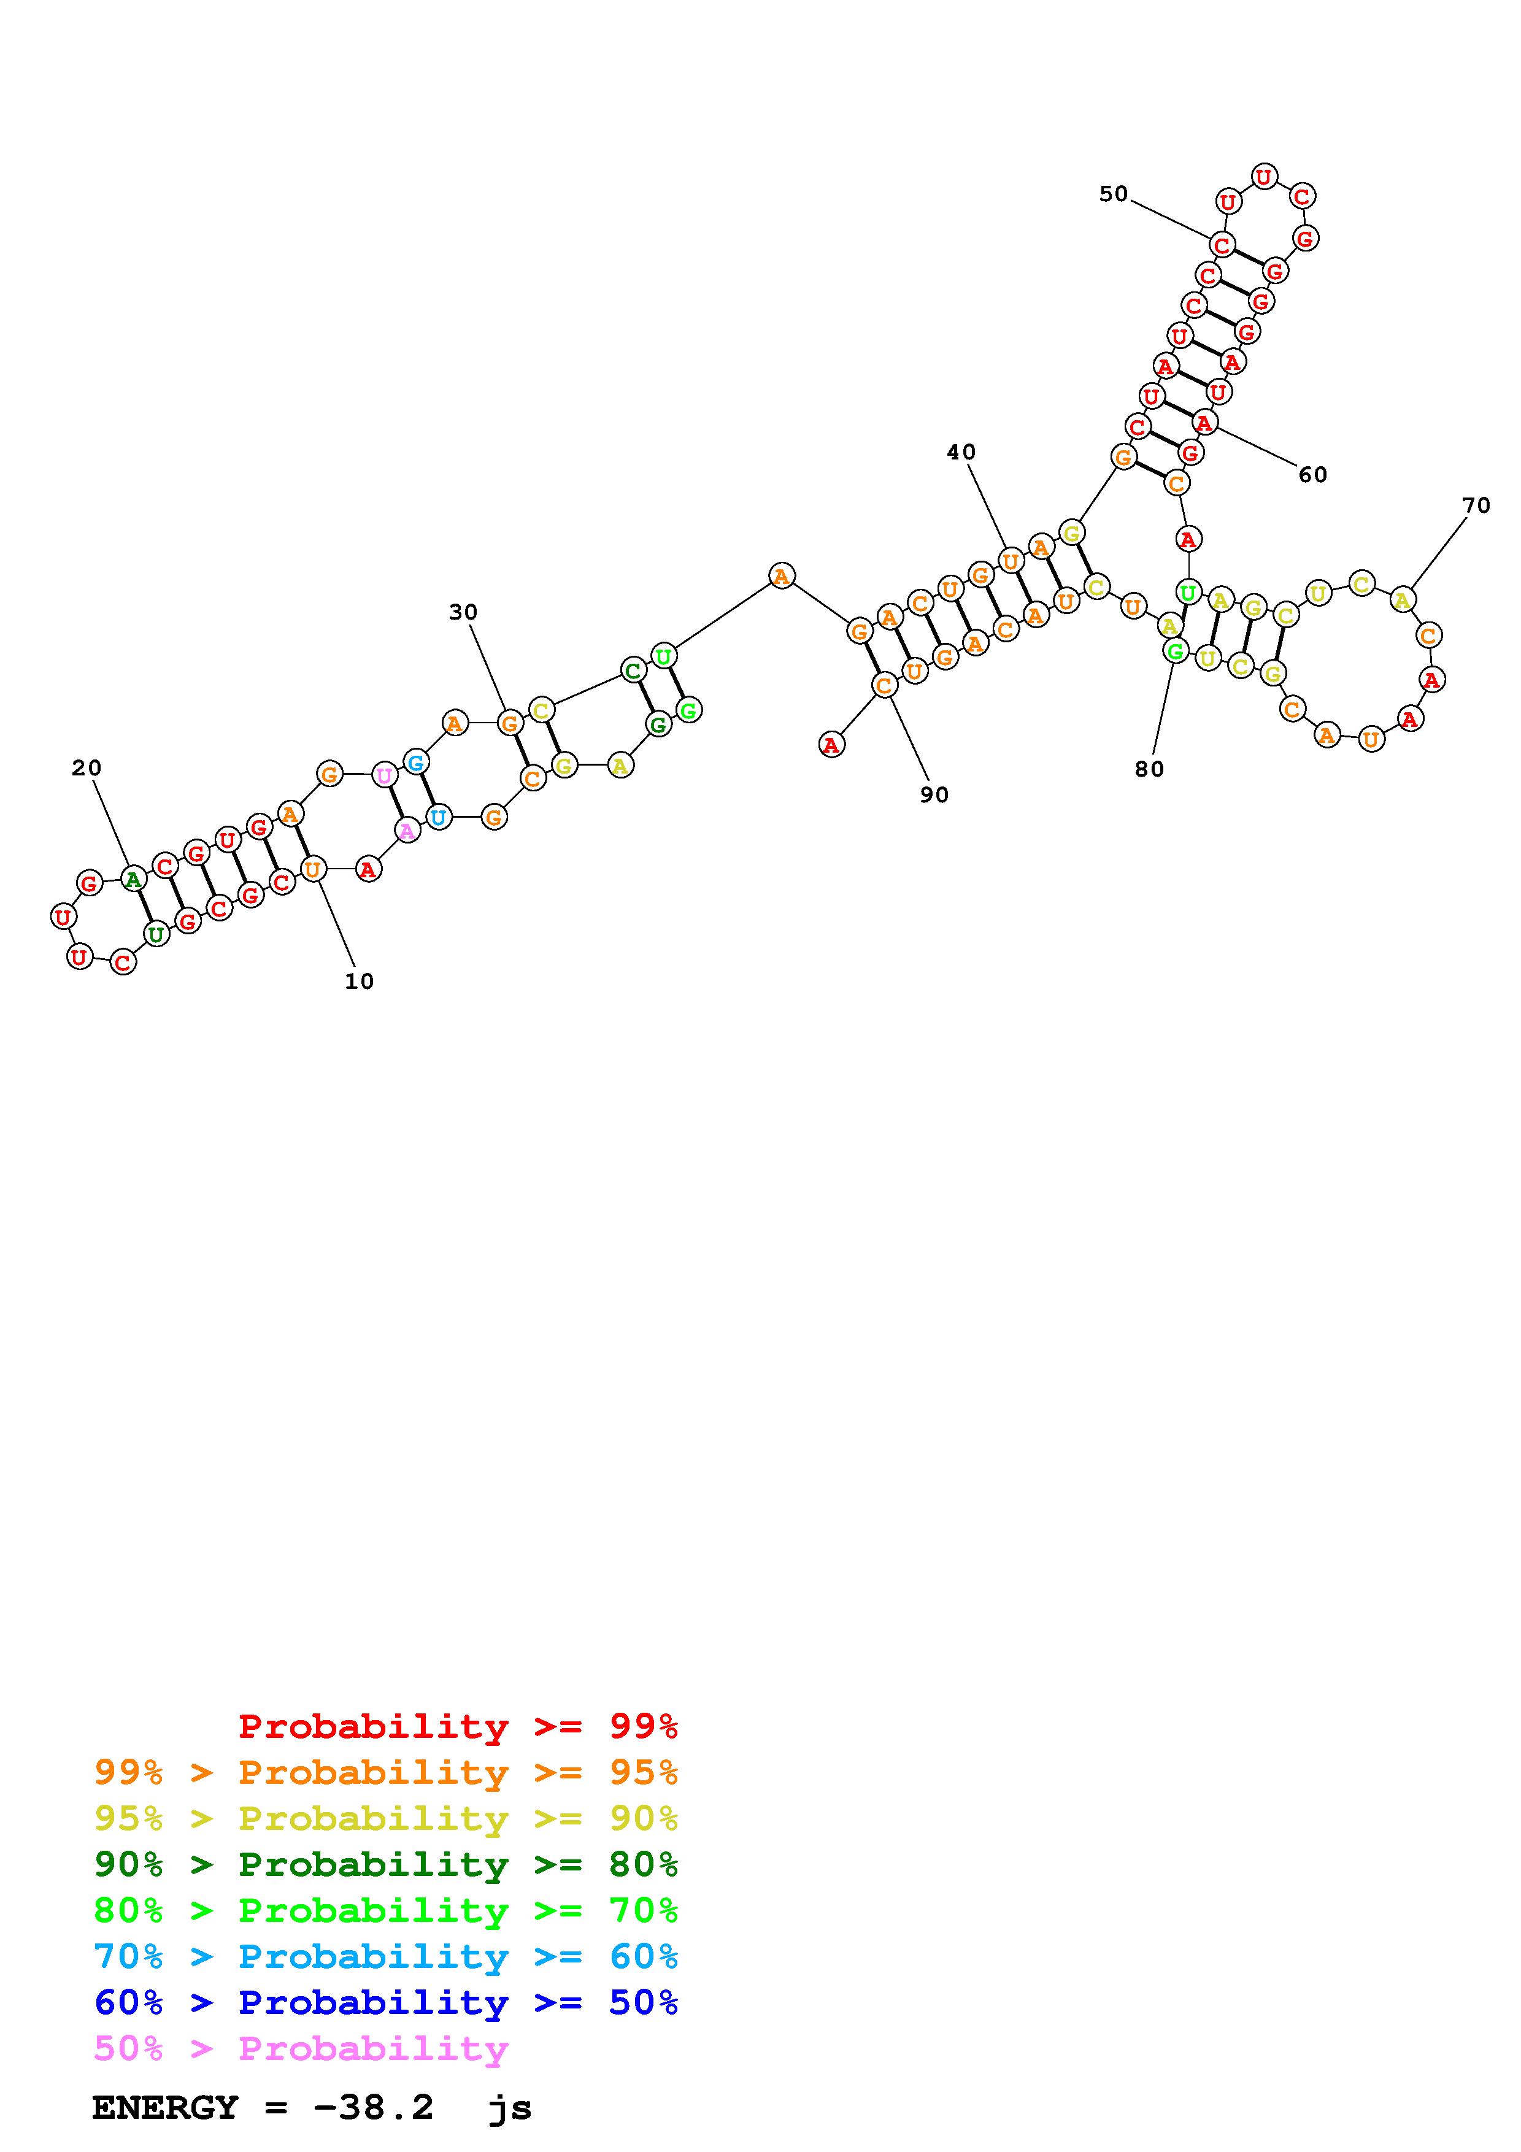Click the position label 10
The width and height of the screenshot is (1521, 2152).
(359, 982)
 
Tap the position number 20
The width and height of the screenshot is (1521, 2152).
(87, 767)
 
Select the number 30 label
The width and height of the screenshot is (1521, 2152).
(463, 612)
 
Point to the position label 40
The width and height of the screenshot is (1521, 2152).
(961, 452)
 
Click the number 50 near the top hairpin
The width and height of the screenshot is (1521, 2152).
(1114, 193)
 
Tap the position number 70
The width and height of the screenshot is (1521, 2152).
(1476, 505)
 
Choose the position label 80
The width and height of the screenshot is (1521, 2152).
(1149, 769)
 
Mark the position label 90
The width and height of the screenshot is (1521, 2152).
(934, 795)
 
